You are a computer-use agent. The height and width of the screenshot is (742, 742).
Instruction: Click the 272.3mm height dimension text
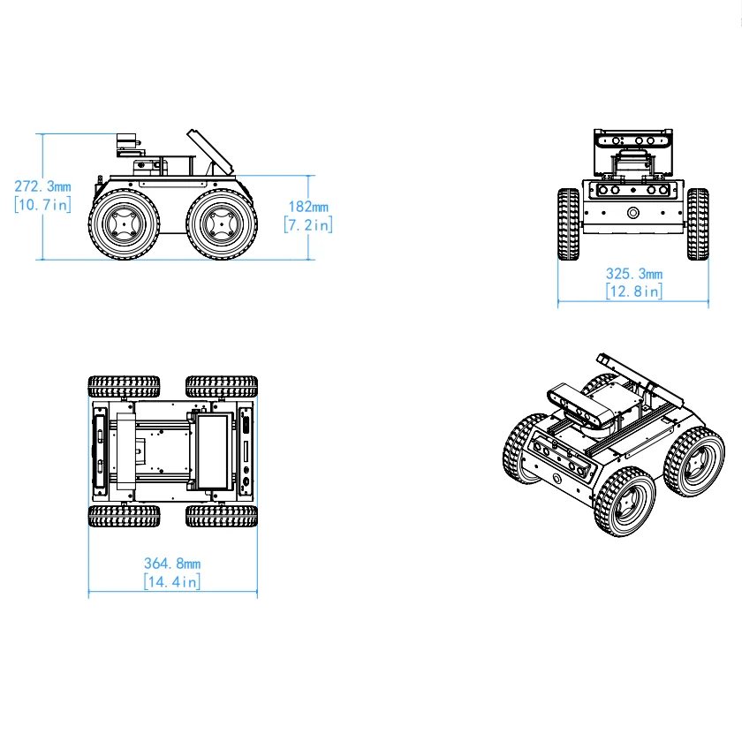(42, 186)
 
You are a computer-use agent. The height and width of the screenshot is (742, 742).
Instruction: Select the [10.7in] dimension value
(42, 205)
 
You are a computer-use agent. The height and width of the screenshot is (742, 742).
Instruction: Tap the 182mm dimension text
(307, 207)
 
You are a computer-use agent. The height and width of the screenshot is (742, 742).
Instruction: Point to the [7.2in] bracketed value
(307, 225)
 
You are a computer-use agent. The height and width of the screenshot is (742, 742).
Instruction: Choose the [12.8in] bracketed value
(633, 291)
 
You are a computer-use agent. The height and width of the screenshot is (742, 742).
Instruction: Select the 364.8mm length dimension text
(172, 563)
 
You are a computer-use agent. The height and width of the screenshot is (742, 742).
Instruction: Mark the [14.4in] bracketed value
(172, 581)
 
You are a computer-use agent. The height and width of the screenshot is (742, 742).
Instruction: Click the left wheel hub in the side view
(124, 225)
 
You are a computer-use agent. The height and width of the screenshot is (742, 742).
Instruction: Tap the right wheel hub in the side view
(221, 225)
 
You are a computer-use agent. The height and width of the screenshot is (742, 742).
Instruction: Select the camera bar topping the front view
(633, 139)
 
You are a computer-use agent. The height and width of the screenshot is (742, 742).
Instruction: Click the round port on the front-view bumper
(632, 213)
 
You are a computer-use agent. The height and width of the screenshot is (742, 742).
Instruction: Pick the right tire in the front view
(698, 224)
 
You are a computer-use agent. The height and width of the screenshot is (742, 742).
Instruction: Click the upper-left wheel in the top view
(124, 386)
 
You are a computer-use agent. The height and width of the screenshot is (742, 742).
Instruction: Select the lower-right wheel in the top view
(221, 516)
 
